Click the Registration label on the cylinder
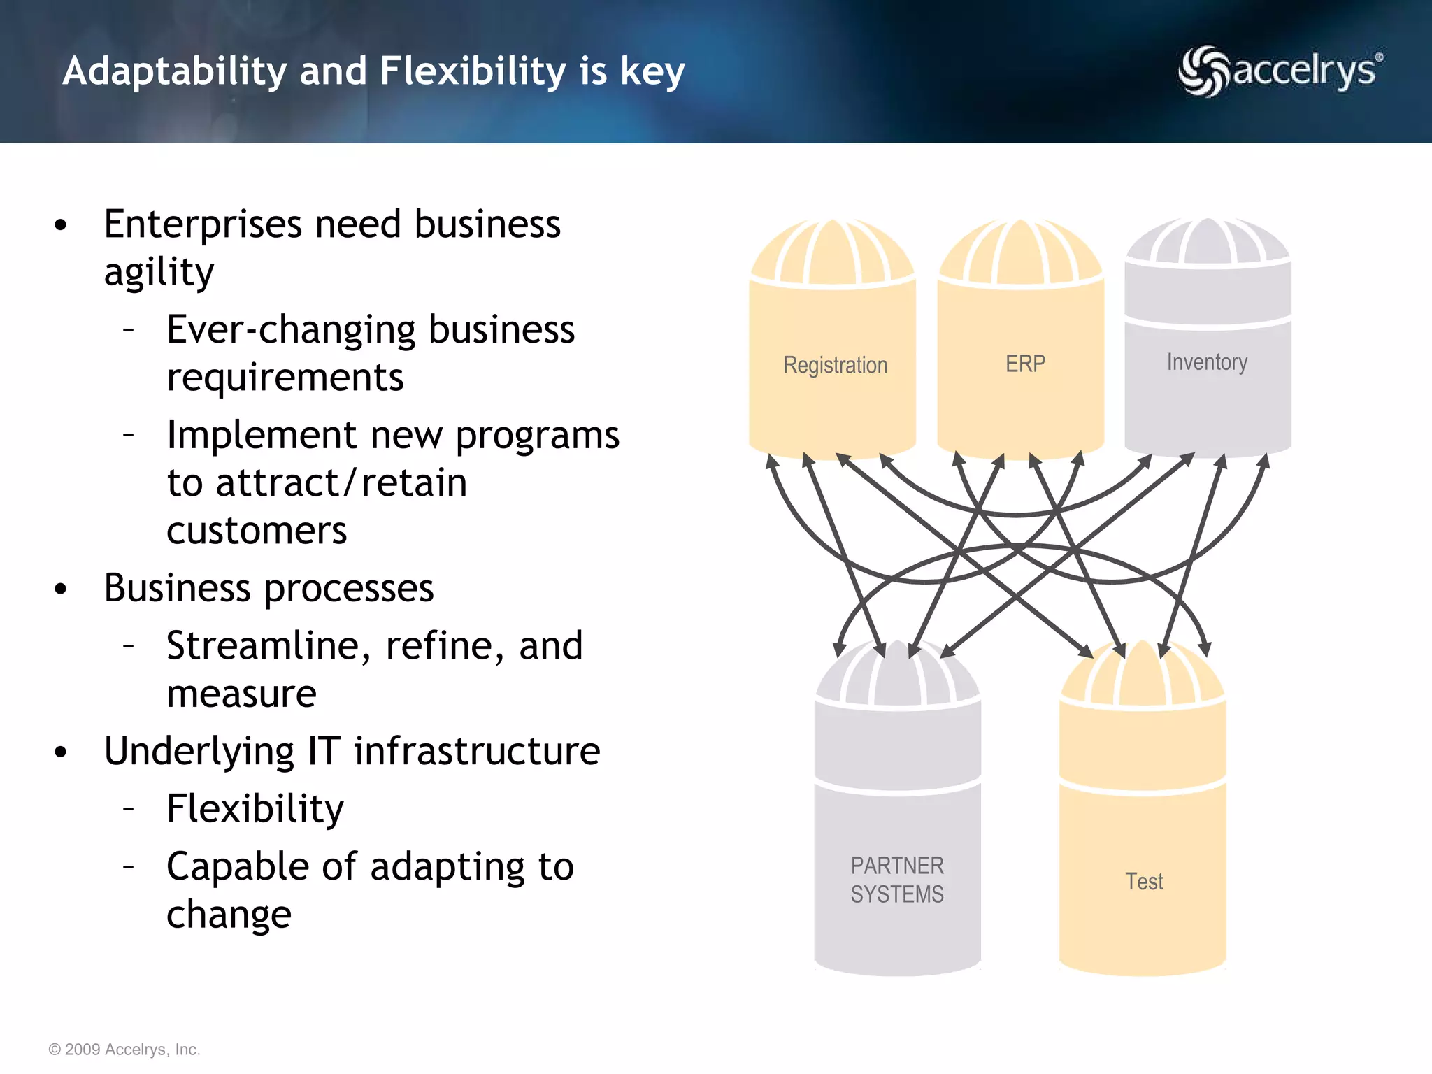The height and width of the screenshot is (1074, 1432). pyautogui.click(x=835, y=365)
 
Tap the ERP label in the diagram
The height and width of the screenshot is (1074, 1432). pyautogui.click(x=1025, y=364)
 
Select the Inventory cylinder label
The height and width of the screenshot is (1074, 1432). pyautogui.click(x=1207, y=362)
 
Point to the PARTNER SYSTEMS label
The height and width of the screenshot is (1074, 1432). pyautogui.click(x=897, y=880)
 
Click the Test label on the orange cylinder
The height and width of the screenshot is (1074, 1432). pyautogui.click(x=1144, y=881)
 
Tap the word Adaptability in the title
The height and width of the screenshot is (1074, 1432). pyautogui.click(x=175, y=71)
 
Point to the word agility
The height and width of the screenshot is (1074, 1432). pyautogui.click(x=159, y=273)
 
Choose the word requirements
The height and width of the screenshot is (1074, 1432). pyautogui.click(x=285, y=378)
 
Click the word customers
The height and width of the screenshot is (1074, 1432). pyautogui.click(x=257, y=531)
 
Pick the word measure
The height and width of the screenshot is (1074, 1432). pyautogui.click(x=242, y=694)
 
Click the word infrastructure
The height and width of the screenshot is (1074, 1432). pyautogui.click(x=477, y=752)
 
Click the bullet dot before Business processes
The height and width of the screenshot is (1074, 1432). pyautogui.click(x=61, y=589)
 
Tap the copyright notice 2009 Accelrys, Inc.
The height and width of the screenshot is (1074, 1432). pyautogui.click(x=124, y=1050)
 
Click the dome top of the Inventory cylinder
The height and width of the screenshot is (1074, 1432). pyautogui.click(x=1208, y=241)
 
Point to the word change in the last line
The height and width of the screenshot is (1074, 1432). pyautogui.click(x=229, y=915)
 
